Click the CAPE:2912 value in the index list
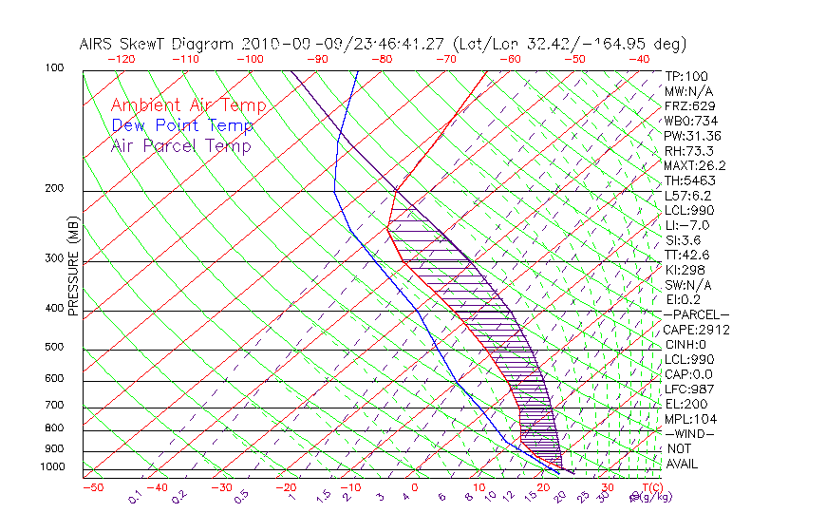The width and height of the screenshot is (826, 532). click(693, 330)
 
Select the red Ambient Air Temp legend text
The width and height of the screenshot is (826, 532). click(188, 106)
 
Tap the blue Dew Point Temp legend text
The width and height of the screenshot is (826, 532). click(182, 126)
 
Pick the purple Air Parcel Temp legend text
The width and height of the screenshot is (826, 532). click(181, 146)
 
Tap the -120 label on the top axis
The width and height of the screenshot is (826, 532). click(122, 59)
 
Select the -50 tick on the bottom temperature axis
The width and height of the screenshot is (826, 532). click(92, 487)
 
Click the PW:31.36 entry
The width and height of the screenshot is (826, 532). click(692, 136)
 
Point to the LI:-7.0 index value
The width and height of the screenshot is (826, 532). click(686, 225)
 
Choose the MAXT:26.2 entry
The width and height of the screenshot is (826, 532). click(694, 165)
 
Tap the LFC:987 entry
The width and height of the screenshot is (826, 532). click(688, 389)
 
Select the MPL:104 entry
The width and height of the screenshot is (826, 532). click(689, 419)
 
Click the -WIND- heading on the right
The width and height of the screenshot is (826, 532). click(689, 433)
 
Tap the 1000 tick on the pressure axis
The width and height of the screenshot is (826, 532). click(53, 467)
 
